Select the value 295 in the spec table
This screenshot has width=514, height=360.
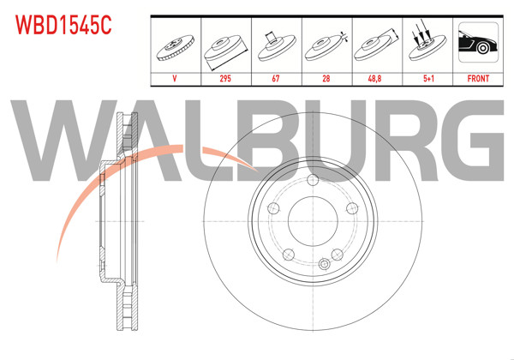pyautogui.click(x=226, y=78)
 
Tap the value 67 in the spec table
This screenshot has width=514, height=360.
pyautogui.click(x=277, y=78)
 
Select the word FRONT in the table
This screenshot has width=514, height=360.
pyautogui.click(x=478, y=78)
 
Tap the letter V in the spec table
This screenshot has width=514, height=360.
pyautogui.click(x=176, y=78)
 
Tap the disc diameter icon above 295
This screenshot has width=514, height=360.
pyautogui.click(x=226, y=47)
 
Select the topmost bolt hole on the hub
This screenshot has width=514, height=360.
pyautogui.click(x=311, y=181)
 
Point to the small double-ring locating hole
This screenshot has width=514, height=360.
pyautogui.click(x=324, y=265)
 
